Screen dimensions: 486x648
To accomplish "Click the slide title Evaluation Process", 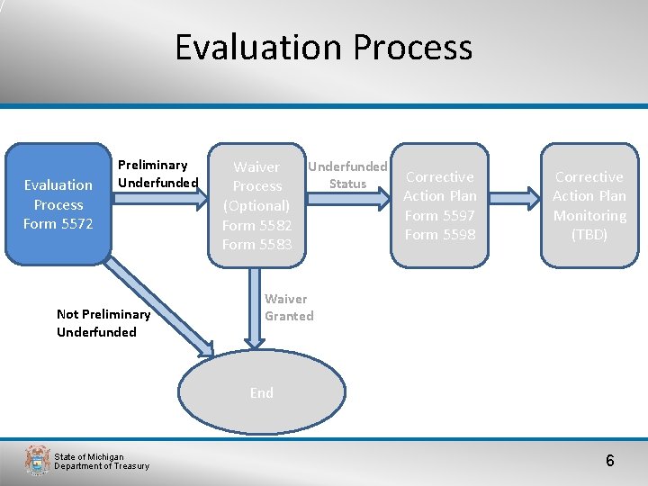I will (x=323, y=47).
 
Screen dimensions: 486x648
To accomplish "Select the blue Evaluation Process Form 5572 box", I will (x=58, y=204).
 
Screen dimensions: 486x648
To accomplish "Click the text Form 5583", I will (x=257, y=245).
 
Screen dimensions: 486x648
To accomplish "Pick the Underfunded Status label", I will (x=347, y=175).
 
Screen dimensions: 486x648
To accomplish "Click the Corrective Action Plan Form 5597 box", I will (x=440, y=205).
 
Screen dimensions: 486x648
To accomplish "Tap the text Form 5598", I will (x=440, y=235).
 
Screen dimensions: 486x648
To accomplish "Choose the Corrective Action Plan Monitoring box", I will (x=589, y=205).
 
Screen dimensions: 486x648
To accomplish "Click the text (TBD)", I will (x=589, y=235).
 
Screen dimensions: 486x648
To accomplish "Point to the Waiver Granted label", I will (x=288, y=307).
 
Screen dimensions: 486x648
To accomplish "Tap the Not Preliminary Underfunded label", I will (x=103, y=323).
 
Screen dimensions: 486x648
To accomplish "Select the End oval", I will (x=262, y=392).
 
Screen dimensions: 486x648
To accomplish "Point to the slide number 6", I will (x=609, y=461).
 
